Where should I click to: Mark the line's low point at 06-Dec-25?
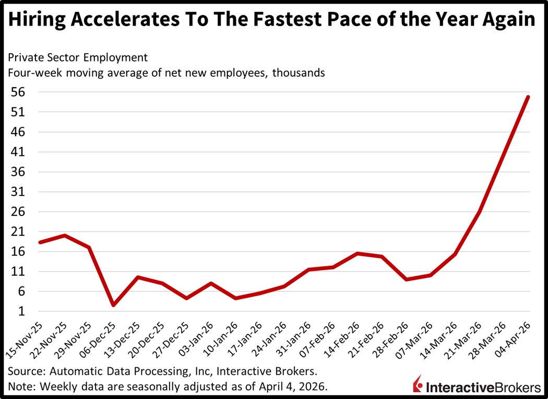click(113, 305)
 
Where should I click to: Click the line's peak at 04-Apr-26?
click(529, 96)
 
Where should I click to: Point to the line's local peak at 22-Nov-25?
click(64, 235)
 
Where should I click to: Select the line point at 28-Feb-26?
click(407, 280)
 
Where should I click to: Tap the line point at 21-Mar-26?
click(480, 212)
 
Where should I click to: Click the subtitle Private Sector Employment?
click(78, 57)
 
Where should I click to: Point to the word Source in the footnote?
click(27, 371)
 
